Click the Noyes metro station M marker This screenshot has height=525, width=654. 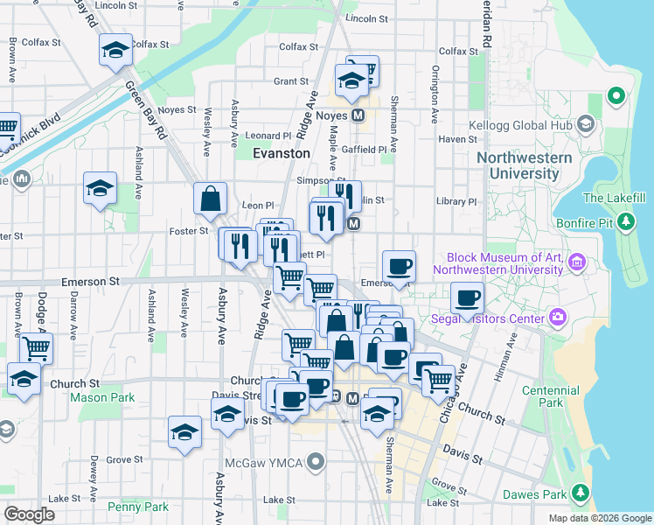[x=358, y=115]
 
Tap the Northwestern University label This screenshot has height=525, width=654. [x=525, y=165]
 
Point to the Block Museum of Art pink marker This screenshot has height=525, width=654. [x=576, y=262]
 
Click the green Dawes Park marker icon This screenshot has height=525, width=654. [x=579, y=495]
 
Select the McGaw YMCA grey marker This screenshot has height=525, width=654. [x=317, y=459]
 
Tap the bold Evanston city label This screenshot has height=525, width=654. [x=281, y=153]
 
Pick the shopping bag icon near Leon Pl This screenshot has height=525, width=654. [x=211, y=199]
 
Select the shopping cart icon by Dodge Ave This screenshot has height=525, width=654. [x=36, y=348]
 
